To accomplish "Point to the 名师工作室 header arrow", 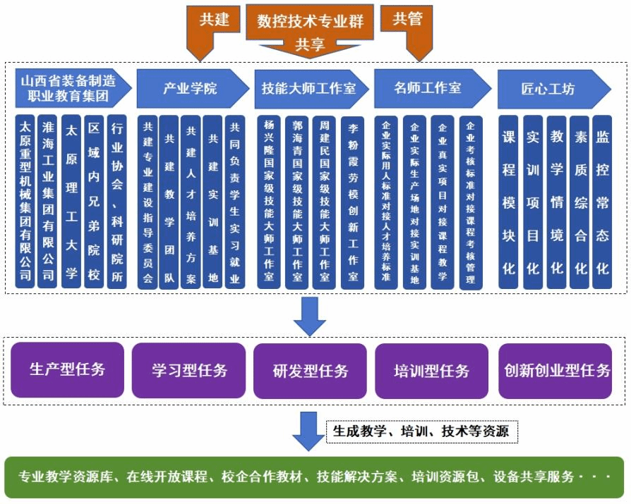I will click(430, 88).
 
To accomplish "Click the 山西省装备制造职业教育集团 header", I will click(71, 88).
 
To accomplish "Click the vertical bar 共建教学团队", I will click(169, 202).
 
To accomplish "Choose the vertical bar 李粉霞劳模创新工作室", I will click(352, 202).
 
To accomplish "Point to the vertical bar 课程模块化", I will click(508, 202).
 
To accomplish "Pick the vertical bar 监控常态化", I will click(602, 202).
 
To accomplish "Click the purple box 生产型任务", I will click(68, 369).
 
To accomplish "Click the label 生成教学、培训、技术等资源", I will click(421, 431).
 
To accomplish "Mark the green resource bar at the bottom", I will click(315, 477).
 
